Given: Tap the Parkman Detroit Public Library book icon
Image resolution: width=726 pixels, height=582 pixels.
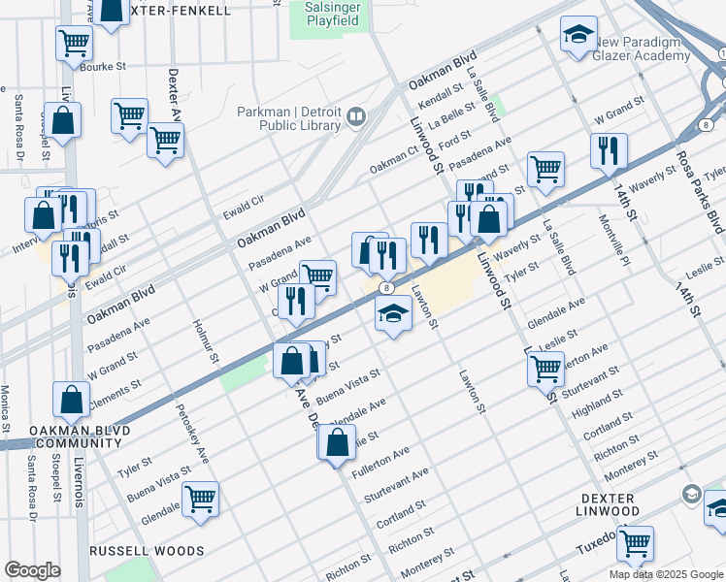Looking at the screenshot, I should [x=356, y=118].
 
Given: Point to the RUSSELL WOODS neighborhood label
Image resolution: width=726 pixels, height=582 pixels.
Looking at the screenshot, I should [x=147, y=551].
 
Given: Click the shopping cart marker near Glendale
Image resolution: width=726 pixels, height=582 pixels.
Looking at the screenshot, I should [x=201, y=500].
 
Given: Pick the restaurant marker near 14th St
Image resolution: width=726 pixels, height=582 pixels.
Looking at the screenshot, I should [x=609, y=150].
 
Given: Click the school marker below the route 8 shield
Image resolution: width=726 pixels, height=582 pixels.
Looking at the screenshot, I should [x=393, y=314].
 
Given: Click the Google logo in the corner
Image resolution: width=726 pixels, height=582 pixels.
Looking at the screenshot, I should [x=32, y=570].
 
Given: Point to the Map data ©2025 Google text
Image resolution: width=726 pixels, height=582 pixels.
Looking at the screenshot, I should [x=664, y=573].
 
